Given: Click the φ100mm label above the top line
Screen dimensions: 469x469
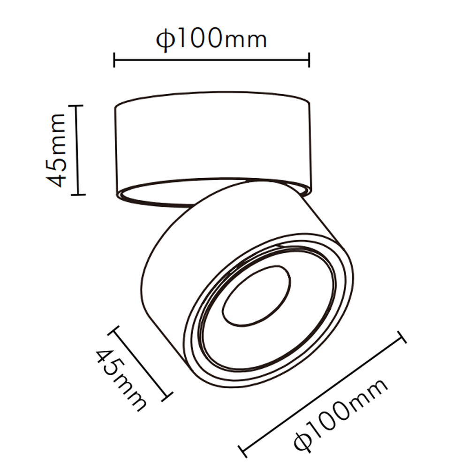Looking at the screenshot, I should tap(212, 39).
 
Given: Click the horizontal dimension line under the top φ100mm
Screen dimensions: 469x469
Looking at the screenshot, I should tap(212, 60).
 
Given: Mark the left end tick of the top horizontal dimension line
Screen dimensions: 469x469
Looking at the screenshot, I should tap(114, 60).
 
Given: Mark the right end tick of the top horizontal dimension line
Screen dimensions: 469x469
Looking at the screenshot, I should tap(309, 60).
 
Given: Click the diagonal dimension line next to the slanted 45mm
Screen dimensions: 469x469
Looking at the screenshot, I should tap(139, 364).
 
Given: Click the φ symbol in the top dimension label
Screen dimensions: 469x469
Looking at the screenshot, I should tap(165, 41).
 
